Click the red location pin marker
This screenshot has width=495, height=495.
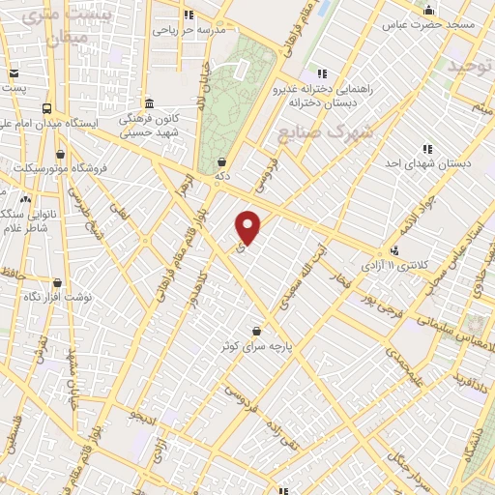click(249, 227)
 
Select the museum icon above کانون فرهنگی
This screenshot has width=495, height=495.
click(148, 103)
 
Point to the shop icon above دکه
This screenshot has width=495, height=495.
click(223, 161)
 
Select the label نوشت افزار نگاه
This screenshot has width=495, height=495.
click(58, 297)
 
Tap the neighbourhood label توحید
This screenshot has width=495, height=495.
click(468, 66)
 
